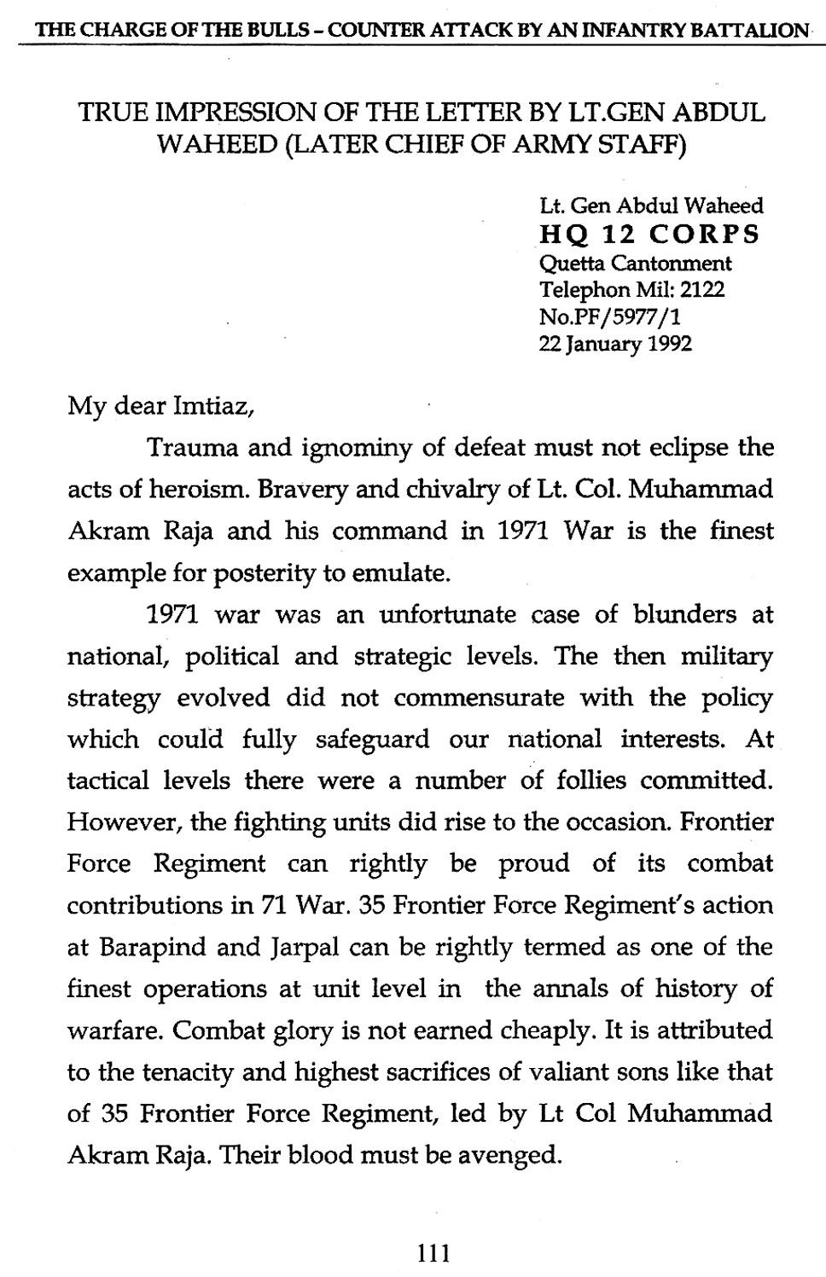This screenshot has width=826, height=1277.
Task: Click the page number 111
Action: pyautogui.click(x=433, y=1252)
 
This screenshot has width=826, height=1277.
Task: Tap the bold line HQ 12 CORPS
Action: pyautogui.click(x=650, y=235)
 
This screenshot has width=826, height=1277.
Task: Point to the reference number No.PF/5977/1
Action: pyautogui.click(x=610, y=316)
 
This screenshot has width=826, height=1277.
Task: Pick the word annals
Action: pyautogui.click(x=602, y=989)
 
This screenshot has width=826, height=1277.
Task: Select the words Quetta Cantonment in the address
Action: pyautogui.click(x=635, y=262)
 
